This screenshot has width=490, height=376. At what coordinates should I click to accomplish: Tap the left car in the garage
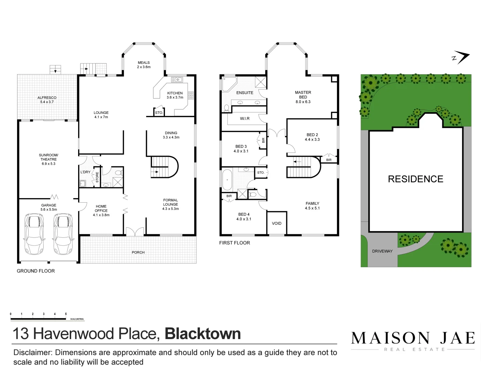pyautogui.click(x=34, y=234)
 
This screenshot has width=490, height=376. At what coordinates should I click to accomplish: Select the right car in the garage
pyautogui.click(x=63, y=234)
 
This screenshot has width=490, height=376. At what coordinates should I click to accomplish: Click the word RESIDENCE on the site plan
pyautogui.click(x=415, y=179)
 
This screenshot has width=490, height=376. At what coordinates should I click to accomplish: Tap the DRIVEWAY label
pyautogui.click(x=382, y=251)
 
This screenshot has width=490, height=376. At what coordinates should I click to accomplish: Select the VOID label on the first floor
pyautogui.click(x=277, y=224)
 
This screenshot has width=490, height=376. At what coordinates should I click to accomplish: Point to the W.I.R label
pyautogui.click(x=244, y=119)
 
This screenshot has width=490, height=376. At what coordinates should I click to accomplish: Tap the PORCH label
pyautogui.click(x=138, y=252)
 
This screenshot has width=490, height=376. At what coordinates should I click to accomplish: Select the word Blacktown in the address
pyautogui.click(x=203, y=334)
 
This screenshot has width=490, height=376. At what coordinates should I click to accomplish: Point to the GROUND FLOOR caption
pyautogui.click(x=36, y=271)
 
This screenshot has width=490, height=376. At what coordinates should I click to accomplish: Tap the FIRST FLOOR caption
pyautogui.click(x=234, y=243)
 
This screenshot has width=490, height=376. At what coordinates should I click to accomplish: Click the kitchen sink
pyautogui.click(x=177, y=80)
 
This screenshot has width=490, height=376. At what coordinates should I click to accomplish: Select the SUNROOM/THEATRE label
pyautogui.click(x=48, y=159)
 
